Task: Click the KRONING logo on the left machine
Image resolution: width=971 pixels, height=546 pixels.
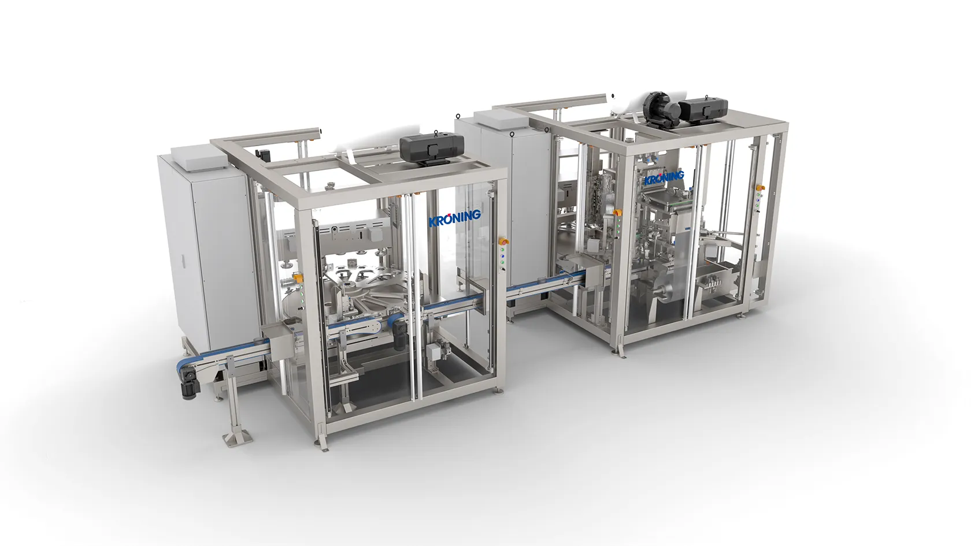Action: pos(455,218)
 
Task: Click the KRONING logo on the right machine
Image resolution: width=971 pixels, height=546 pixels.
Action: pos(664,177)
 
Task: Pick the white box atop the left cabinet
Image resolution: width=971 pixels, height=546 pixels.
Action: pos(199,157)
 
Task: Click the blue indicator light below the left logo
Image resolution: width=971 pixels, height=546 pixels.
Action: pos(503,262)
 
